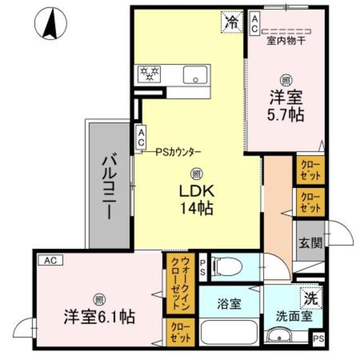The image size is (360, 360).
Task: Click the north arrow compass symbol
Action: pyautogui.click(x=49, y=25)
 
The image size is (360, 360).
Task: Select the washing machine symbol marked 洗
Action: pyautogui.click(x=310, y=299)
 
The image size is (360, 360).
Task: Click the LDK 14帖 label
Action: pyautogui.click(x=196, y=200)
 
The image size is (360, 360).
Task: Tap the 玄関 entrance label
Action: pyautogui.click(x=310, y=243)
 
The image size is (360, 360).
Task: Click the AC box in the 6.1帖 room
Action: pyautogui.click(x=51, y=260)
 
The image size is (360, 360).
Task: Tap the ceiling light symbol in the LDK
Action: pyautogui.click(x=196, y=174)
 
